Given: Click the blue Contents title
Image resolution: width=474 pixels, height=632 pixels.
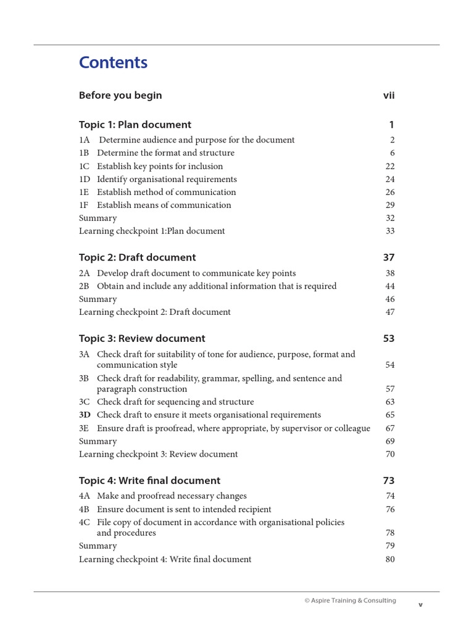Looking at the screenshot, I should (113, 63).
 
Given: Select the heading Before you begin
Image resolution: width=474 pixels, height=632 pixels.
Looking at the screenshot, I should (120, 95).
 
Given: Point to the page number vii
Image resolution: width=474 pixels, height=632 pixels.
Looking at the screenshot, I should (388, 95).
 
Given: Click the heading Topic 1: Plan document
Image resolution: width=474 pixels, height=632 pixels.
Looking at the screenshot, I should (135, 125).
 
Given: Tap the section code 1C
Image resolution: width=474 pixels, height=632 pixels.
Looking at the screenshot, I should (85, 166).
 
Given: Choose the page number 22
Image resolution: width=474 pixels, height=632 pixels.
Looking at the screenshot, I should (389, 166).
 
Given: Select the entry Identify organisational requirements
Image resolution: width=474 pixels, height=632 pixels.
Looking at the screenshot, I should (167, 179).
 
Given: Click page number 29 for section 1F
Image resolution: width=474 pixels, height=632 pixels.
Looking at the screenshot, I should (389, 205).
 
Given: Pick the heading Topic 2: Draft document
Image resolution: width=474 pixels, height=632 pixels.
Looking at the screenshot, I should (137, 257).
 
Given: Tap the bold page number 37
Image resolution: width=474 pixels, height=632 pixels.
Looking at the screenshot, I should (388, 257).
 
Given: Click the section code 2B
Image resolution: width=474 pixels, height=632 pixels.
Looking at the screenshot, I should (85, 286).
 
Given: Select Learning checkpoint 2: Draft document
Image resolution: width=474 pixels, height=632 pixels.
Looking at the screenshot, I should (154, 312).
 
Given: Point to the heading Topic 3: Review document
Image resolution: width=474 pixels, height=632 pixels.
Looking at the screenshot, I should (142, 338).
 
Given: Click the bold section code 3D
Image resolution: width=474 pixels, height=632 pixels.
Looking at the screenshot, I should (85, 415).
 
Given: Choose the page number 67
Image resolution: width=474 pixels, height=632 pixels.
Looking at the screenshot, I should (389, 428).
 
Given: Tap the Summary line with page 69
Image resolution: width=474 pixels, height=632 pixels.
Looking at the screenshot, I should (98, 441).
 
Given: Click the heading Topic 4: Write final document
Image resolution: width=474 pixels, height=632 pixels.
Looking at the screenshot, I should (149, 480).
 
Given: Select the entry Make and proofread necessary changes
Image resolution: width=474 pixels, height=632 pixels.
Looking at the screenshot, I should (172, 496).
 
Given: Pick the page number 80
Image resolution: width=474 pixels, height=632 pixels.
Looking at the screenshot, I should (389, 559).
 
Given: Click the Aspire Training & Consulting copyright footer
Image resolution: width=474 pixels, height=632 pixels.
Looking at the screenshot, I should (350, 601).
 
